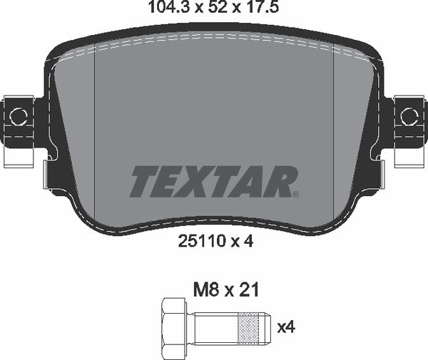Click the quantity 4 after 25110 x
pyautogui.click(x=249, y=242)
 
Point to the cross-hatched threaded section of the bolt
pyautogui.click(x=253, y=327)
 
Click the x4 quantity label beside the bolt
pyautogui.click(x=285, y=327)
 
